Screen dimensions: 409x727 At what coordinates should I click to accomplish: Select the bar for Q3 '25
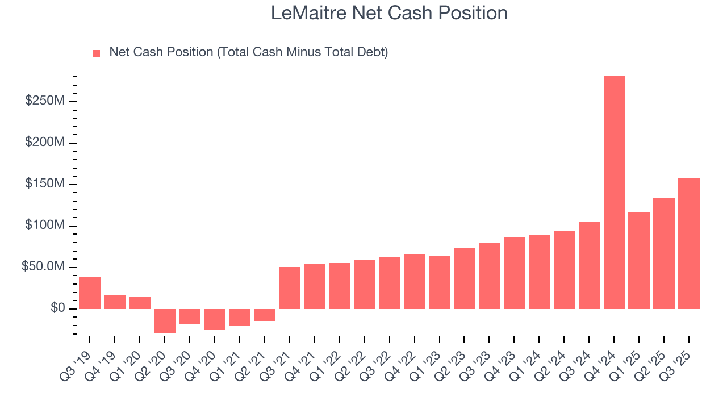689,244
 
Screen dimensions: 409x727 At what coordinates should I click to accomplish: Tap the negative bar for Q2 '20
165,321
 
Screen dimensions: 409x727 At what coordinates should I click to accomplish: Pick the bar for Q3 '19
90,293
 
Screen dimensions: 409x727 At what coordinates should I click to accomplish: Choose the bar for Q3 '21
290,288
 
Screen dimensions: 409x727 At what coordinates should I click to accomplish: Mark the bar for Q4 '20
215,319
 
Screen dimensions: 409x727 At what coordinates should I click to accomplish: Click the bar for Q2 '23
464,278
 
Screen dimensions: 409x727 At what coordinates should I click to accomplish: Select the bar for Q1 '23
439,282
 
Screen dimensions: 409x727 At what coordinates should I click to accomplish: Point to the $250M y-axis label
44,101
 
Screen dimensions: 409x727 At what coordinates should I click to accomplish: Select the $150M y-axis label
44,184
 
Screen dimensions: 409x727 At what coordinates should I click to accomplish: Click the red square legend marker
97,53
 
